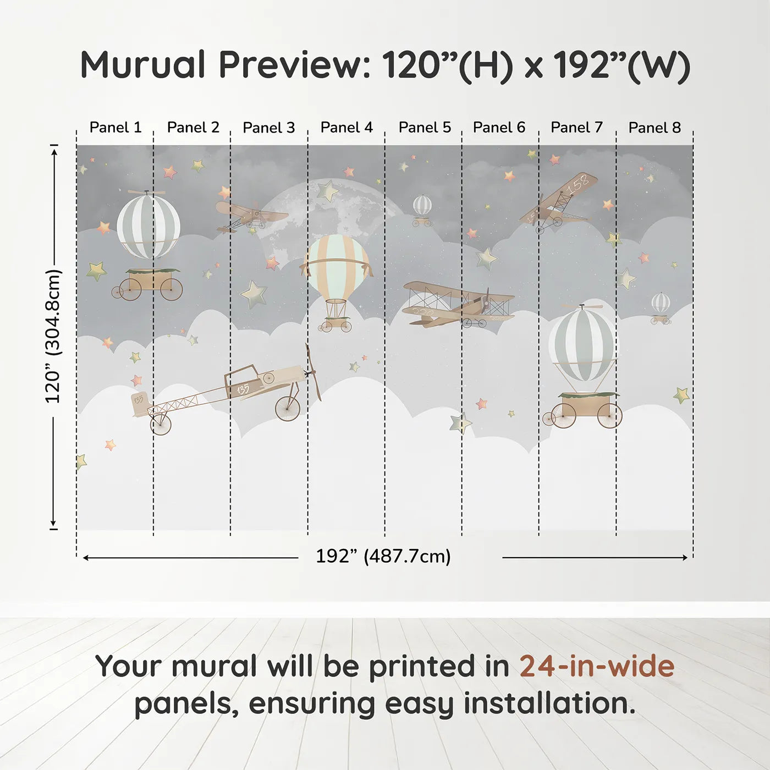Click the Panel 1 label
point(116,128)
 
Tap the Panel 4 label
point(346,128)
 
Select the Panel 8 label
point(654,128)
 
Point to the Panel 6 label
point(499,128)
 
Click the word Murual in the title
point(143,65)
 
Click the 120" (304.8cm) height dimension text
point(53,337)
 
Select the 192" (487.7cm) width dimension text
point(383,556)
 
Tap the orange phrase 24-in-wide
point(597,666)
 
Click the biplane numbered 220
point(458,304)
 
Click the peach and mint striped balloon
point(337,265)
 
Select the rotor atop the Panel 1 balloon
point(146,192)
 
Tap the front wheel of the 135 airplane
point(288,408)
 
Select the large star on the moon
point(327,191)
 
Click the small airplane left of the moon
point(250,216)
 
